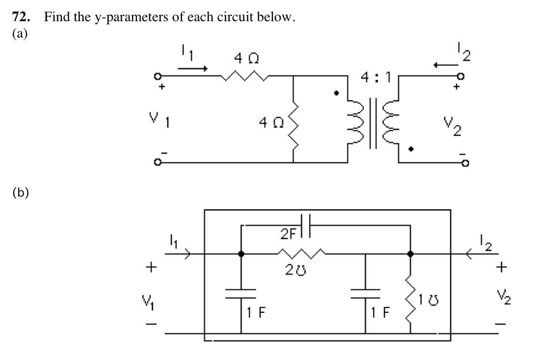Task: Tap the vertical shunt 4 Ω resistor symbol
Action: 293,122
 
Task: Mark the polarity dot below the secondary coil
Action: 410,150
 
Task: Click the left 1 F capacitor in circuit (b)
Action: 240,297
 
